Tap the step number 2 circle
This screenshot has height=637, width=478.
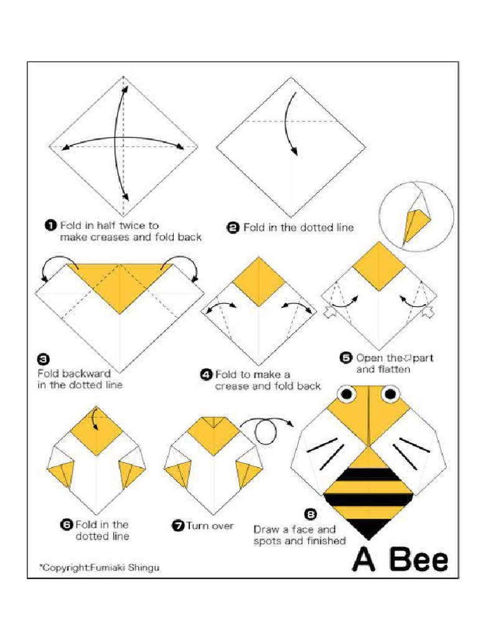coord(233,228)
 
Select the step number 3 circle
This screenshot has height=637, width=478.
coord(43,359)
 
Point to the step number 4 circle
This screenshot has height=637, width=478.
coord(206,374)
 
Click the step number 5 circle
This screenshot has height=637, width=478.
coord(345,358)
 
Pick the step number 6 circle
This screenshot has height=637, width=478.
coord(66,524)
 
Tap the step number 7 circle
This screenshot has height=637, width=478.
coord(177,526)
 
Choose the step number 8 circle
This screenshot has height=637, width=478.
coord(310,514)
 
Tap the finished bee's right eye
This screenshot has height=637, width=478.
coord(390,393)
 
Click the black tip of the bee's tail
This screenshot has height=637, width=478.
coord(368,528)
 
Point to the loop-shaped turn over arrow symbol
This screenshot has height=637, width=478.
coord(265,432)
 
